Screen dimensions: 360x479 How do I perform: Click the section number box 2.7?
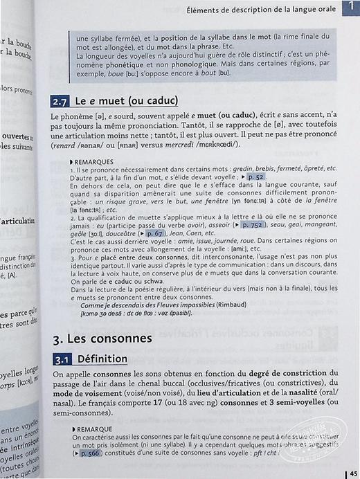pyautogui.click(x=60, y=101)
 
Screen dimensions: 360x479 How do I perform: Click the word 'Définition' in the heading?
pyautogui.click(x=102, y=359)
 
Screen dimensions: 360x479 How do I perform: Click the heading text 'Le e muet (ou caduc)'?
pyautogui.click(x=126, y=101)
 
